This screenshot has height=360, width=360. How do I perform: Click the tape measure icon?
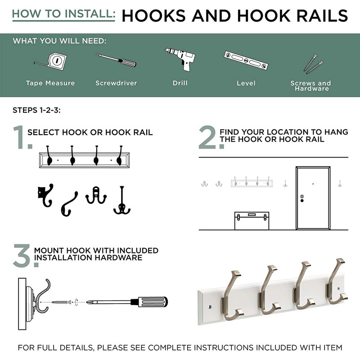tap(52, 60)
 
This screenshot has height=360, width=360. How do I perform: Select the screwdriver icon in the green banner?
tap(116, 60)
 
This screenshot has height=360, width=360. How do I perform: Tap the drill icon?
tap(180, 59)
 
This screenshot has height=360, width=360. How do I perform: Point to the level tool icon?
tap(246, 60)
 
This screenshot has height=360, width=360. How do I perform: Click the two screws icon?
tap(313, 64)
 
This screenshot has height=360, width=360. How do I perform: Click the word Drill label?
tap(180, 83)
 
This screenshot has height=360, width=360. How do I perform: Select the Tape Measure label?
tap(50, 83)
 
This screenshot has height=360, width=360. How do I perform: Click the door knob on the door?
tap(302, 200)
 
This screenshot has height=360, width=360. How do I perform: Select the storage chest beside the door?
tap(252, 220)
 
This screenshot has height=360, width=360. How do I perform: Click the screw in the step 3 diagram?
tap(61, 302)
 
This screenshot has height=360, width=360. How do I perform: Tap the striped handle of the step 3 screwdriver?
tap(153, 302)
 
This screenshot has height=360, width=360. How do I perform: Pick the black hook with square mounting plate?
tap(45, 195)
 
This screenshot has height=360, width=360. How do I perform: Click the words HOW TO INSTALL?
tap(63, 14)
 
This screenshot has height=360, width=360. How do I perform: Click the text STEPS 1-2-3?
tap(36, 110)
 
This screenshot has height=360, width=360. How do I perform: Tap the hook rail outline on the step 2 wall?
tap(252, 183)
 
